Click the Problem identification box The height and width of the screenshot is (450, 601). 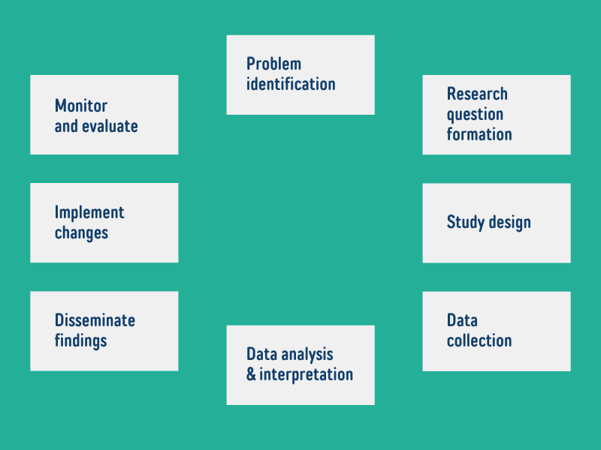pyautogui.click(x=300, y=75)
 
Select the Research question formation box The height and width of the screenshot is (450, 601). pyautogui.click(x=497, y=115)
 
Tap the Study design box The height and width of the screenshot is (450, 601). pyautogui.click(x=497, y=223)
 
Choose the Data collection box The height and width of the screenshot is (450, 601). pyautogui.click(x=497, y=331)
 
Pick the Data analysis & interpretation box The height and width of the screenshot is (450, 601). pyautogui.click(x=300, y=365)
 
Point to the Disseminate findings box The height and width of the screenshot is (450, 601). pyautogui.click(x=104, y=331)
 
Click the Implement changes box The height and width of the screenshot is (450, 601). pyautogui.click(x=104, y=223)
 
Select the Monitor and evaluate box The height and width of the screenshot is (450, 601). pyautogui.click(x=104, y=115)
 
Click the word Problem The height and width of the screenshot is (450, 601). pyautogui.click(x=273, y=64)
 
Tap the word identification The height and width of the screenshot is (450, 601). pyautogui.click(x=291, y=84)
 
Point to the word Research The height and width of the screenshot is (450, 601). pyautogui.click(x=477, y=94)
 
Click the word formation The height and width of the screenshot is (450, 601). pyautogui.click(x=479, y=134)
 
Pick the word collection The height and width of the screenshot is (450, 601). pyautogui.click(x=479, y=340)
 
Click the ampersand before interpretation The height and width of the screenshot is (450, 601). pyautogui.click(x=251, y=374)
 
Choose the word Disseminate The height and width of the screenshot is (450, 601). pyautogui.click(x=95, y=320)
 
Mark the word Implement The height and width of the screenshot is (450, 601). pyautogui.click(x=89, y=213)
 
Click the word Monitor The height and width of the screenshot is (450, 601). pyautogui.click(x=81, y=106)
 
